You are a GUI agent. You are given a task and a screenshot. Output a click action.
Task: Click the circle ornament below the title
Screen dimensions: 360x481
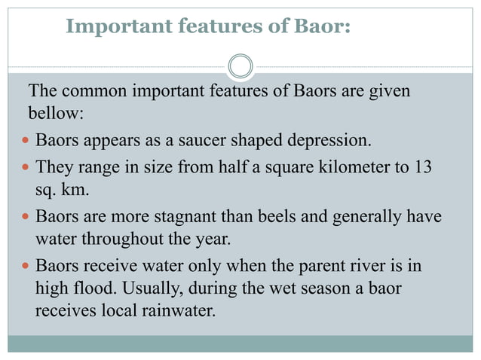(240, 66)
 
